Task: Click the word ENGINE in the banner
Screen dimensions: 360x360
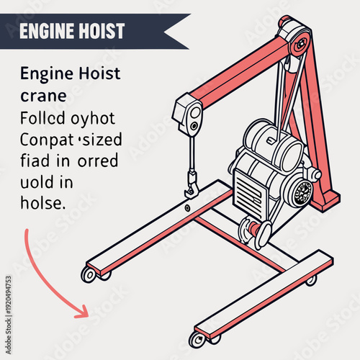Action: click(x=46, y=31)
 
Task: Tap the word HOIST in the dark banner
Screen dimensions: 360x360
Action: click(x=101, y=31)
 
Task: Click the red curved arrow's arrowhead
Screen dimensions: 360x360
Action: click(x=83, y=311)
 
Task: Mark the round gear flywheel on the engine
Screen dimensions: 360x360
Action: click(x=302, y=192)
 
